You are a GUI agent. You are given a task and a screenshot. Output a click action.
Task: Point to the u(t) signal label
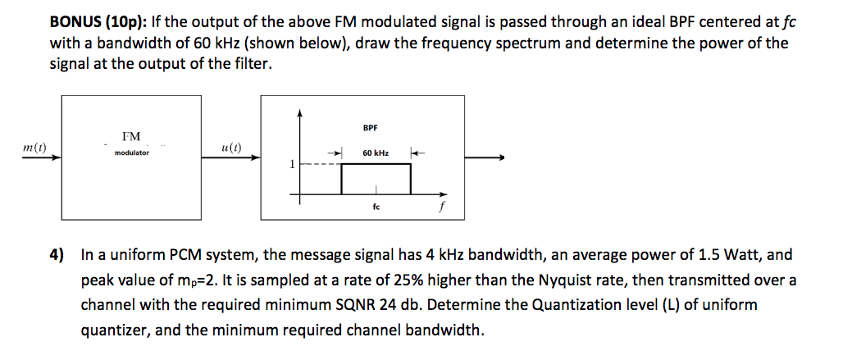[x=231, y=148]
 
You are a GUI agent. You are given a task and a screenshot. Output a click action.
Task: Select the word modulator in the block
[x=132, y=153]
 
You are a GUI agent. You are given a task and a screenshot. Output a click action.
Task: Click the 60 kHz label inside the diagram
[x=376, y=153]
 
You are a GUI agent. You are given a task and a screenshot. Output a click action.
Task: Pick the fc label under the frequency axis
[x=376, y=207]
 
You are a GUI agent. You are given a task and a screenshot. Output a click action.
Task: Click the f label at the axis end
[x=443, y=207]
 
